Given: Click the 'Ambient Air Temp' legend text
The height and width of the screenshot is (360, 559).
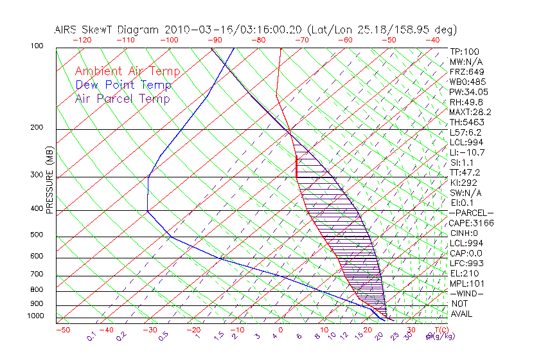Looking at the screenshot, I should (127, 72).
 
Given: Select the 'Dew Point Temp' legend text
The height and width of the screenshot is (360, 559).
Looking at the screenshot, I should (123, 85).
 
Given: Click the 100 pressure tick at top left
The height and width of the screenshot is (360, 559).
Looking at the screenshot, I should (37, 46).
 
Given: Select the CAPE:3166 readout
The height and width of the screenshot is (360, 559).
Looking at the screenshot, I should (470, 223).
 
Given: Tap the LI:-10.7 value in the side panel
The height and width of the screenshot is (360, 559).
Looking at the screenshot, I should (466, 152).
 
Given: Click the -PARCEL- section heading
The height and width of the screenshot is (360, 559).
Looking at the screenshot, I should (471, 213).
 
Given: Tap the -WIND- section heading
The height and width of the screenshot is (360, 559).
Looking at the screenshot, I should (466, 293).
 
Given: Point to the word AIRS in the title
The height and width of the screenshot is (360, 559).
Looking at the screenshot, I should (66, 30).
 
